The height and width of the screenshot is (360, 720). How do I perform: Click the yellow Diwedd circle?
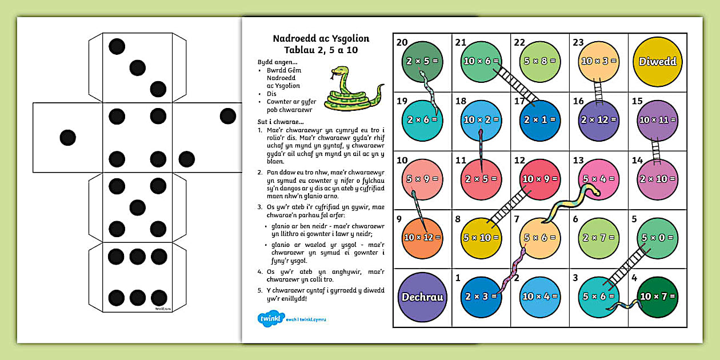point(657,61)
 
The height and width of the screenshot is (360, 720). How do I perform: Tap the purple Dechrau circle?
point(422,297)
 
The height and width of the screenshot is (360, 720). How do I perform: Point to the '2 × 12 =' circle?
point(598,120)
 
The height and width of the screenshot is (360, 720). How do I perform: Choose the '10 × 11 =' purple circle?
point(657,120)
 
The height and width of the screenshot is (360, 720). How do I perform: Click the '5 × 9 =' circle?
point(422,179)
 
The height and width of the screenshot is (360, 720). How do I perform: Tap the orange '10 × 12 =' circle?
point(422,238)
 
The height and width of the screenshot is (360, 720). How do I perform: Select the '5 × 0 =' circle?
point(657,238)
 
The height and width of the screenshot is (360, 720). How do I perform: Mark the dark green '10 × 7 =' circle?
point(657,297)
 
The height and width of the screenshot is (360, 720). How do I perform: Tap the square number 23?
point(578,42)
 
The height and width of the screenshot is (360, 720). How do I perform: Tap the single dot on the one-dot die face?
point(68,137)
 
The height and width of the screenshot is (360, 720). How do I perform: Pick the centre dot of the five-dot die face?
point(137,207)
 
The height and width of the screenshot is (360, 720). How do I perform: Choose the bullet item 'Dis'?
point(271,94)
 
